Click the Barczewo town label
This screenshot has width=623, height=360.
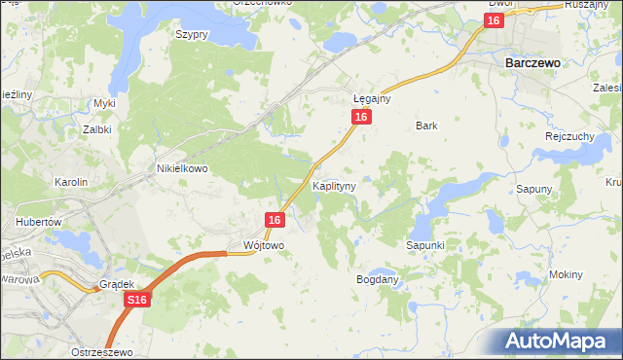[531, 61]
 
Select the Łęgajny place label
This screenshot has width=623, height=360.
[371, 98]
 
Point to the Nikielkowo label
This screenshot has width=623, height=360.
[183, 167]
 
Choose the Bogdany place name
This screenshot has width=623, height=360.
[378, 279]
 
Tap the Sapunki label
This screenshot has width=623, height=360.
[425, 246]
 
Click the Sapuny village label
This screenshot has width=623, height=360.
[534, 189]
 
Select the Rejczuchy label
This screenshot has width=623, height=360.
[569, 136]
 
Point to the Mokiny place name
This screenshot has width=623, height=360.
[566, 274]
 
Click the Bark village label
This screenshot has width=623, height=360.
[426, 126]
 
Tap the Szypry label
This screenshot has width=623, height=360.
[192, 34]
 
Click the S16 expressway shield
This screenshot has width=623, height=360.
[137, 303]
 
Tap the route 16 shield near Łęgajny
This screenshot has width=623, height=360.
[361, 117]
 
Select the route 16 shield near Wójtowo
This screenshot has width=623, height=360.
[274, 221]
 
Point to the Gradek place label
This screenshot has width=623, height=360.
[116, 284]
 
